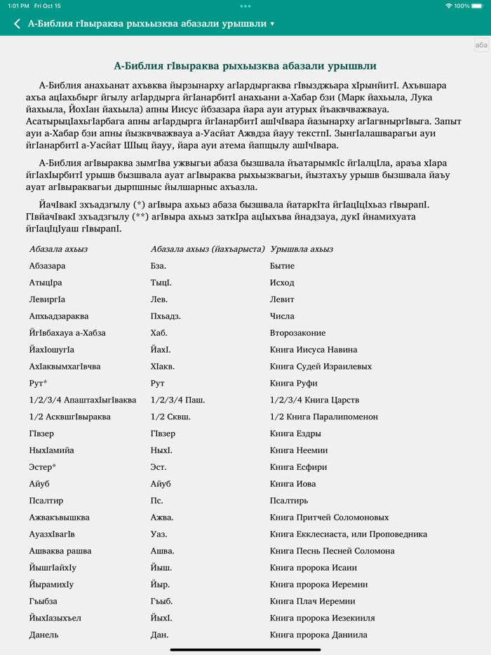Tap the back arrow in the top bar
click(x=18, y=24)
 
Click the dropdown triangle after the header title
click(x=272, y=25)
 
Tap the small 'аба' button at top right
click(x=481, y=45)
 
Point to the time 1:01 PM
click(x=18, y=6)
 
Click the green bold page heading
click(x=245, y=66)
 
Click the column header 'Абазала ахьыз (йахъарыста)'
click(x=207, y=249)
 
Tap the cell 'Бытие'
click(x=282, y=266)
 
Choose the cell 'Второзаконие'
click(x=297, y=333)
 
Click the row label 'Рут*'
click(x=39, y=383)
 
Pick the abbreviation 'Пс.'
click(x=156, y=501)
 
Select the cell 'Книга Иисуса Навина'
click(x=314, y=350)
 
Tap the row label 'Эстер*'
click(x=43, y=467)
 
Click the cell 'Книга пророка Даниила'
click(x=318, y=635)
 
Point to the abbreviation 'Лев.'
click(x=159, y=299)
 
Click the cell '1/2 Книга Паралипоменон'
click(x=323, y=417)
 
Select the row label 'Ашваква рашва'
click(x=60, y=551)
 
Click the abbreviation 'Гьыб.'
click(x=161, y=601)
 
